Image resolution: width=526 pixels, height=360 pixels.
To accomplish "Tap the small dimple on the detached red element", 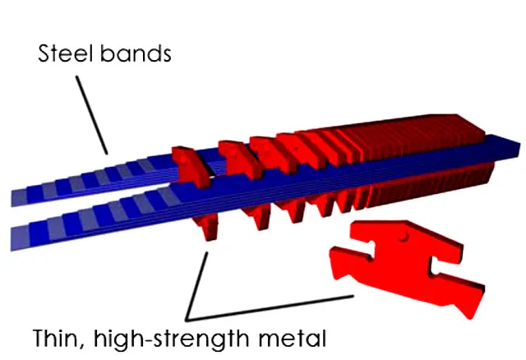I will click(405, 238).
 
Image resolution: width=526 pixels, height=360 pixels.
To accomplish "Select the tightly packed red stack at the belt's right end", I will click(427, 156).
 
